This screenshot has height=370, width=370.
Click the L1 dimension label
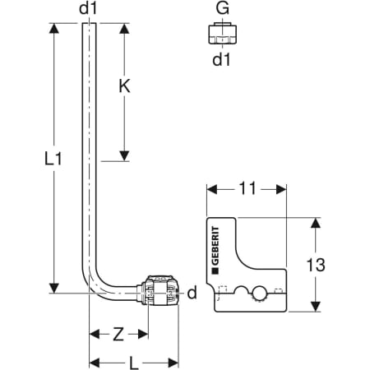(x=53, y=159)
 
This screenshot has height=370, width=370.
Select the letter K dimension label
(x=124, y=86)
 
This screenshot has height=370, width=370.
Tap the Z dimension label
(x=118, y=335)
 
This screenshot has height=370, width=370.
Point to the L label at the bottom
(x=134, y=363)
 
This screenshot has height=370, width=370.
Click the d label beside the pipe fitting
(x=192, y=293)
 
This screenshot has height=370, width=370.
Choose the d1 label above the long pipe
(x=88, y=8)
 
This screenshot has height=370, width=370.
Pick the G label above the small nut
(x=222, y=8)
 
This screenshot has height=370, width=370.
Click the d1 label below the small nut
(x=221, y=59)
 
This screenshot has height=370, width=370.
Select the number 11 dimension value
(x=247, y=188)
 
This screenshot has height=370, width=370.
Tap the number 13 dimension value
(x=316, y=265)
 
